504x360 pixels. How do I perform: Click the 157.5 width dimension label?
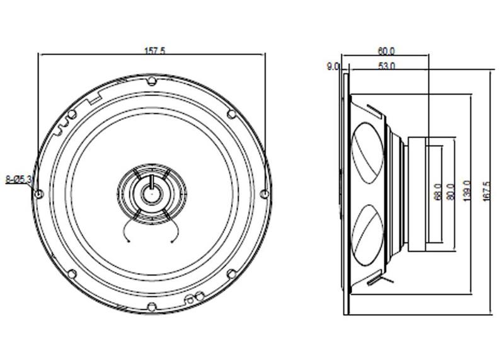pos(155,51)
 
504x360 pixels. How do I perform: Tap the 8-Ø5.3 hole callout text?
pos(19,179)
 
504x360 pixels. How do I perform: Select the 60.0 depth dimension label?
pos(386,51)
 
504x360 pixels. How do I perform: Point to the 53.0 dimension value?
pos(387,66)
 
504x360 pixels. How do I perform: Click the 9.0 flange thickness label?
pos(333,67)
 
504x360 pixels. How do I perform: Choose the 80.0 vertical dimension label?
pos(451,192)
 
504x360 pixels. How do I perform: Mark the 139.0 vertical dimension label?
pos(467,191)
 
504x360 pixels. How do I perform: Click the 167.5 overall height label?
pos(486,192)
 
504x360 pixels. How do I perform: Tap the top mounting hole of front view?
pos(152,81)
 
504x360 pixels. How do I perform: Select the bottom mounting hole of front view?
pos(152,306)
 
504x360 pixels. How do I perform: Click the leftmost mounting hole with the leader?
pos(39,194)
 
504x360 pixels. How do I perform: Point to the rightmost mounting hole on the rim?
pos(264,194)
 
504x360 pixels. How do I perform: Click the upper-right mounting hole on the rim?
pos(231,114)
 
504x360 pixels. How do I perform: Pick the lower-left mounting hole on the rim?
pos(72,274)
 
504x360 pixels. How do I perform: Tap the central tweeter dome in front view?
pos(151,194)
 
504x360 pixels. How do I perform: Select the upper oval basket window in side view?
pos(367,153)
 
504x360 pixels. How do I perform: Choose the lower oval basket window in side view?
pos(367,235)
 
